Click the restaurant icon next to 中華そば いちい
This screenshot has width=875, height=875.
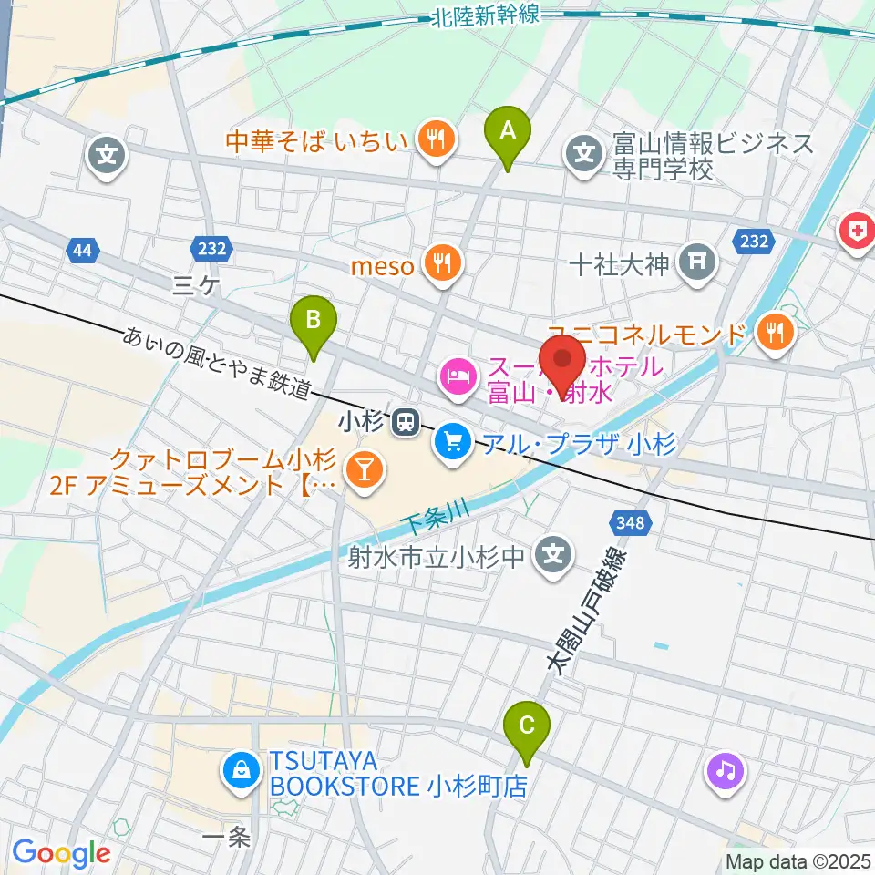(436, 139)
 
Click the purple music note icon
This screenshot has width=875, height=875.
(725, 771)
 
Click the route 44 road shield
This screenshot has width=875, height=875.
(81, 250)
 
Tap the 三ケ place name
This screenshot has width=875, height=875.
(195, 286)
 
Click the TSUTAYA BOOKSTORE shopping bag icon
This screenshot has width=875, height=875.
(239, 771)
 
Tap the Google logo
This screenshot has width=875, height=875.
(61, 853)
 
